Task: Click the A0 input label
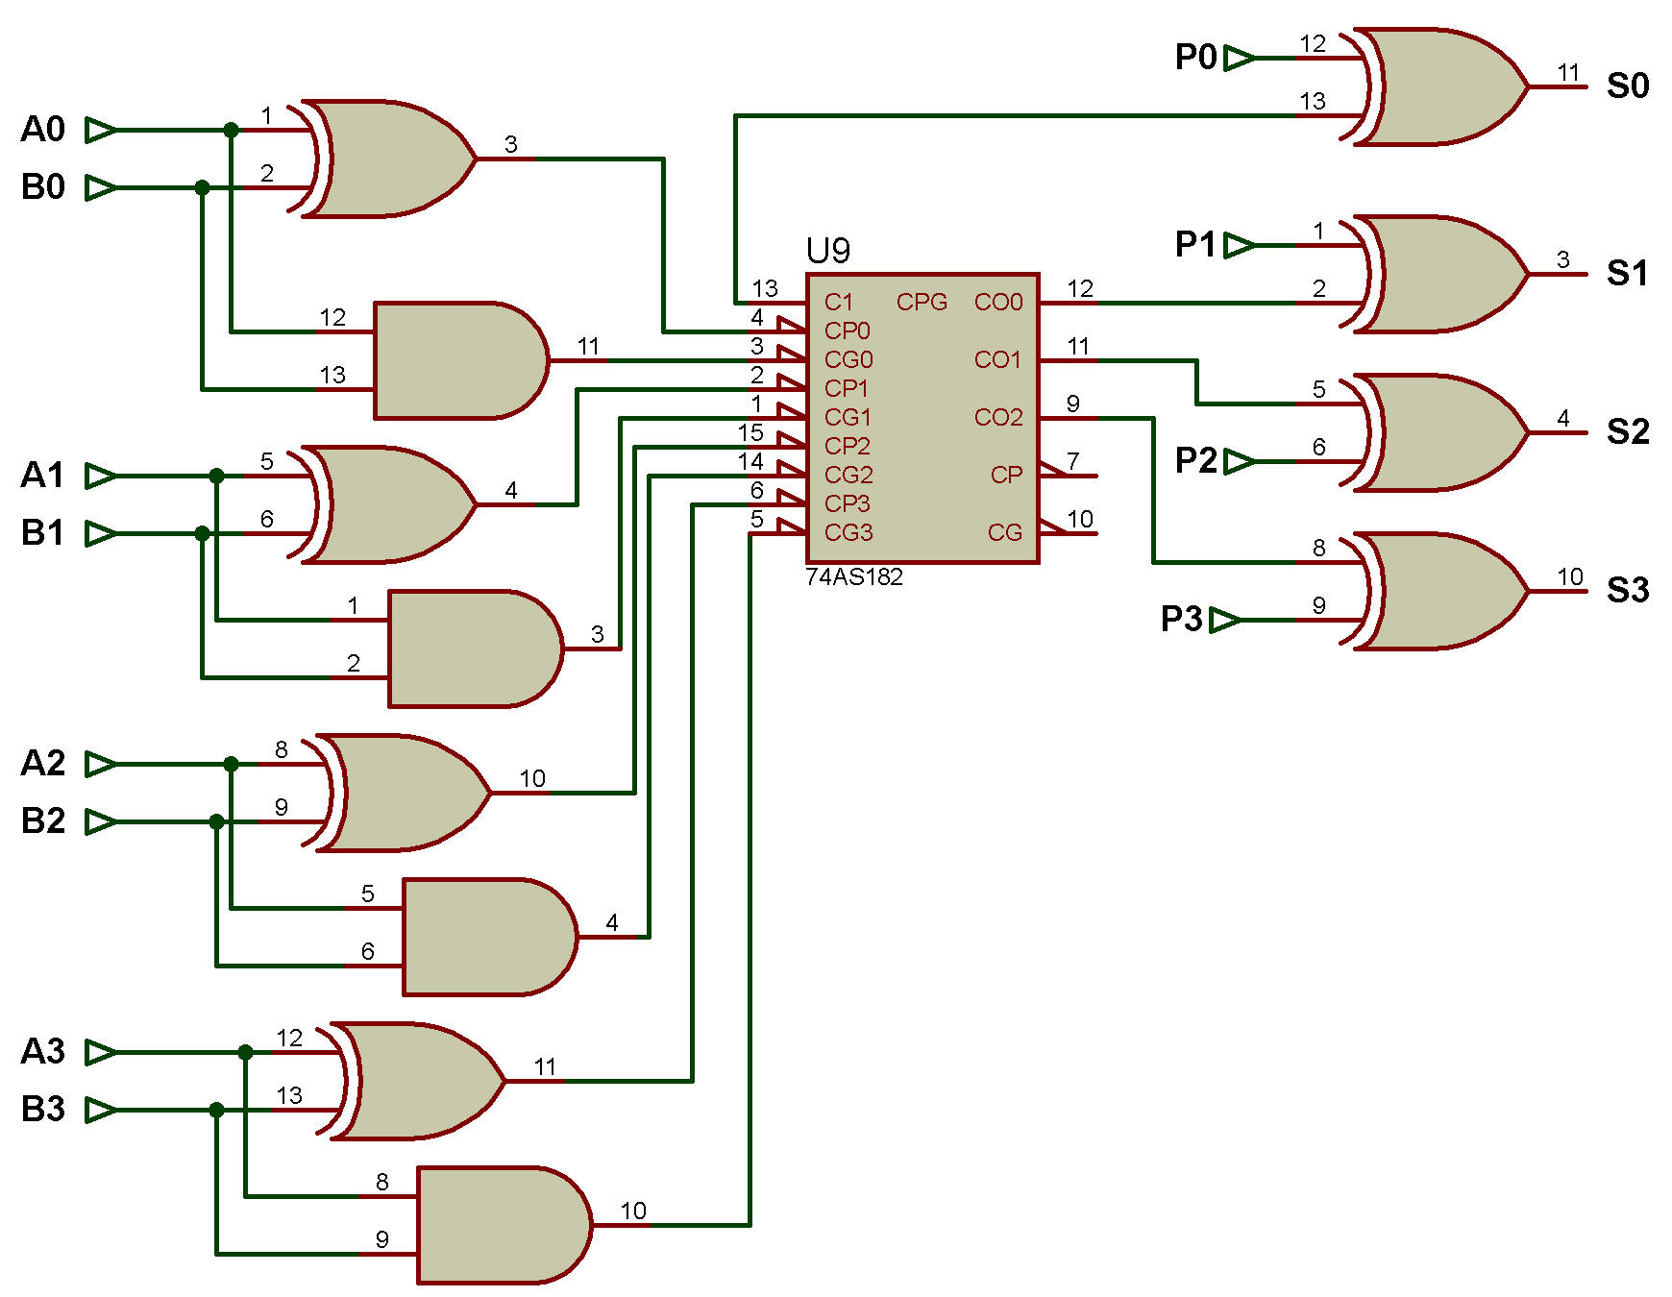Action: click(43, 129)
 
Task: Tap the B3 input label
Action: click(43, 1109)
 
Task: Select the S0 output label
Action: click(1628, 86)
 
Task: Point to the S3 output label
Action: click(1628, 590)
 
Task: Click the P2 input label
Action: click(1196, 460)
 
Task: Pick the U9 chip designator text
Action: click(828, 251)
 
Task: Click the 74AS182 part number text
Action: click(854, 577)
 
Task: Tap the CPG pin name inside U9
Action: click(922, 303)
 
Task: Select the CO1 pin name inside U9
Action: click(997, 360)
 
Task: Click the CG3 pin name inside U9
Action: click(848, 532)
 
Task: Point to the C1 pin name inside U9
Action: click(838, 303)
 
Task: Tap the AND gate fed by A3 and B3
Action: click(504, 1225)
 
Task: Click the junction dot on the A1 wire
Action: click(216, 476)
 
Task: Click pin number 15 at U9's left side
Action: click(750, 433)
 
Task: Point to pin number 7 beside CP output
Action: click(1073, 461)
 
